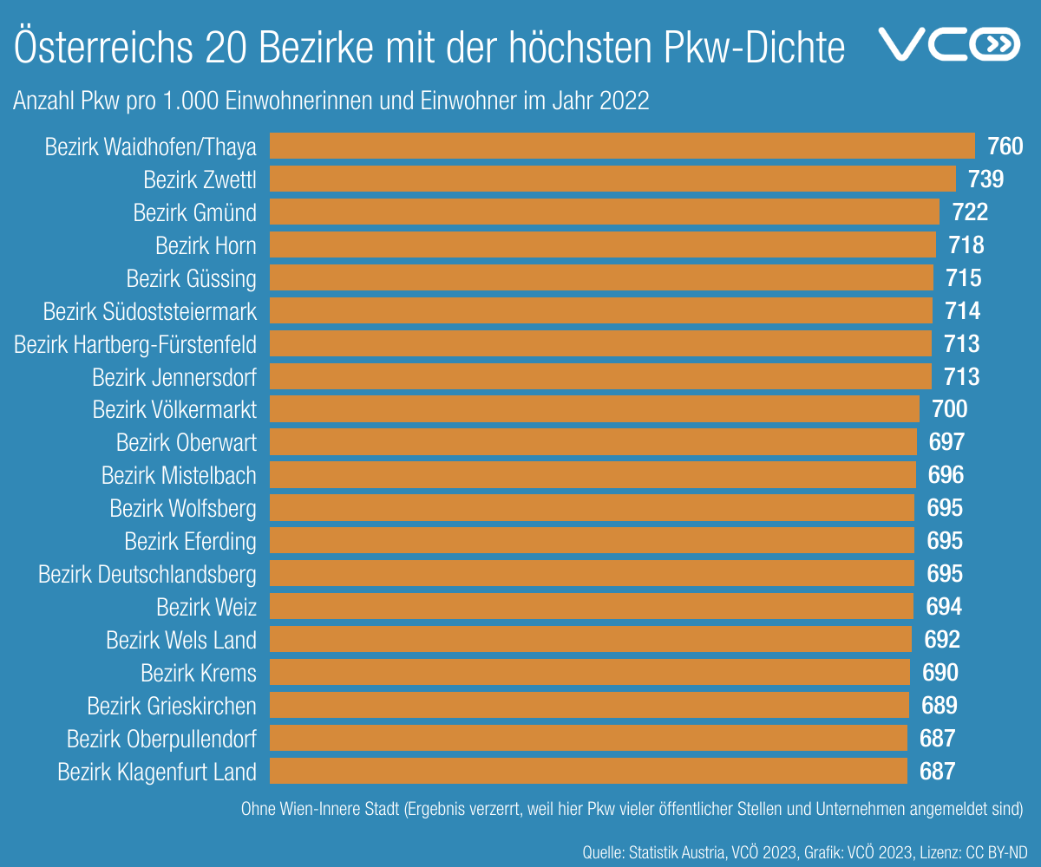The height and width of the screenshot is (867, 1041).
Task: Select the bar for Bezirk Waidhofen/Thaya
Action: click(622, 146)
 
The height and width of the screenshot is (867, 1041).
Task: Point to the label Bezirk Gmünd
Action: click(194, 212)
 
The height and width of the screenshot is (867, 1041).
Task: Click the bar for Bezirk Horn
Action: click(603, 245)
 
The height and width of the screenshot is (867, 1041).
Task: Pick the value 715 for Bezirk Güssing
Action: click(963, 278)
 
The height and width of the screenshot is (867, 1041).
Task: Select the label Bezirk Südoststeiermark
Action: click(149, 310)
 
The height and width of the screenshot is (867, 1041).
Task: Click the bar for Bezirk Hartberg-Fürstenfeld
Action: click(600, 344)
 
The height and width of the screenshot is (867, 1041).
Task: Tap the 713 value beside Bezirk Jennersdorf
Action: click(961, 377)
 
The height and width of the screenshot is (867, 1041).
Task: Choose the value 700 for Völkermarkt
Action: click(949, 409)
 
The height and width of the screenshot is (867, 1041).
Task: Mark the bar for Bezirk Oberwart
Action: click(593, 442)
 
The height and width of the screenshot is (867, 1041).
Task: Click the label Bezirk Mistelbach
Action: click(179, 475)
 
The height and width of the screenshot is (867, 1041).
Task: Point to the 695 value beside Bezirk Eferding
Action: click(945, 541)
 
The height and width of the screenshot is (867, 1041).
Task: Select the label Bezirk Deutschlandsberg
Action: click(147, 574)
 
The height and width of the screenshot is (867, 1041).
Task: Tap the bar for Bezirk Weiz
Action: click(592, 606)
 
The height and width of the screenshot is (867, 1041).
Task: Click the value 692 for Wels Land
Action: click(942, 640)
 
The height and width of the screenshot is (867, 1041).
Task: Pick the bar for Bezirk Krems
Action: click(590, 672)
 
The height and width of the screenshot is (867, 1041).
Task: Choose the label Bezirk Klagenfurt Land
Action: click(157, 772)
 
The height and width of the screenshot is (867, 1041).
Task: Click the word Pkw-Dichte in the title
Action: click(754, 48)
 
